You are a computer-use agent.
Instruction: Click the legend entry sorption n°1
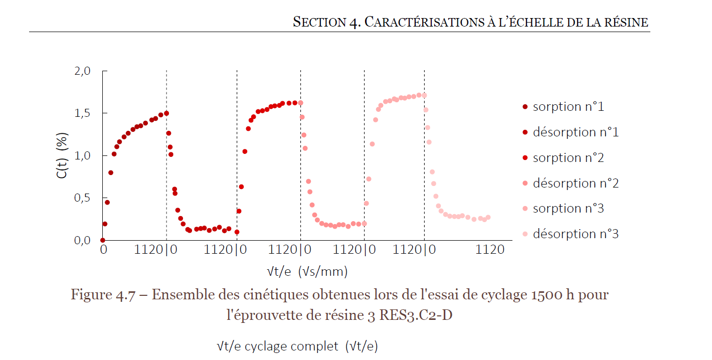pyautogui.click(x=568, y=107)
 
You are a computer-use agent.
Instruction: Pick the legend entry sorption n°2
pyautogui.click(x=568, y=158)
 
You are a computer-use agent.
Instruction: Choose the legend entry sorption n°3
pyautogui.click(x=568, y=209)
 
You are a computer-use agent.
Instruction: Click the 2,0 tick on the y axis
pyautogui.click(x=82, y=71)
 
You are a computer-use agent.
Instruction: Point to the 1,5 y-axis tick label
pyautogui.click(x=82, y=113)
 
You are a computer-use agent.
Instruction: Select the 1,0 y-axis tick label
pyautogui.click(x=82, y=156)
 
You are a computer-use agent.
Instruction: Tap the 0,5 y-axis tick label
pyautogui.click(x=82, y=198)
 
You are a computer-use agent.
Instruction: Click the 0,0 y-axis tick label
pyautogui.click(x=82, y=241)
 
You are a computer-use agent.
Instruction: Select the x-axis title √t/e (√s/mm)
pyautogui.click(x=307, y=272)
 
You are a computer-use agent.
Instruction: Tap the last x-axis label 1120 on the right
pyautogui.click(x=490, y=249)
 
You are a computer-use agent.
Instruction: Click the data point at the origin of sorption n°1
pyautogui.click(x=103, y=240)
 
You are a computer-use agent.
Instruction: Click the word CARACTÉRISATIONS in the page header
pyautogui.click(x=423, y=22)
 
